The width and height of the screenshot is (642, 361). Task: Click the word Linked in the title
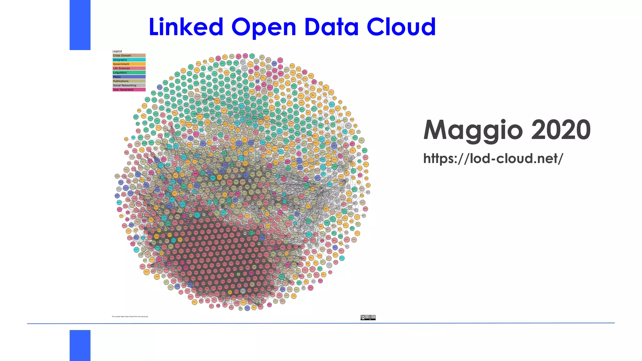pyautogui.click(x=186, y=27)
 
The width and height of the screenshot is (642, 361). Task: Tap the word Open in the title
pyautogui.click(x=264, y=28)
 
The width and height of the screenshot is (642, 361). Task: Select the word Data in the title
pyautogui.click(x=331, y=27)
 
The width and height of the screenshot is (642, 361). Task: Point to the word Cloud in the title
pyautogui.click(x=401, y=27)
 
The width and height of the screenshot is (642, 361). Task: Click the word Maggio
pyautogui.click(x=473, y=131)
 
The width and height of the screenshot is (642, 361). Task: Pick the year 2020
pyautogui.click(x=561, y=130)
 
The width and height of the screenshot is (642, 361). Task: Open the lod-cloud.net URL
pyautogui.click(x=493, y=159)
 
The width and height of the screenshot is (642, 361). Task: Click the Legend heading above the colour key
pyautogui.click(x=117, y=51)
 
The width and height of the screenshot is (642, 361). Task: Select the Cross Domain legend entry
pyautogui.click(x=129, y=55)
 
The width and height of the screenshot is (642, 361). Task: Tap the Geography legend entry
pyautogui.click(x=129, y=60)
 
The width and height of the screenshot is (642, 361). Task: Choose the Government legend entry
pyautogui.click(x=129, y=64)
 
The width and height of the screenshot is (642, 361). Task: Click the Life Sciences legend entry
pyautogui.click(x=129, y=68)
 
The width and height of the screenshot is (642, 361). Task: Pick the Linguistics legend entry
pyautogui.click(x=129, y=72)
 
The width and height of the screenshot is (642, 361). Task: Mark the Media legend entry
pyautogui.click(x=129, y=77)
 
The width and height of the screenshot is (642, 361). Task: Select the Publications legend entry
pyautogui.click(x=129, y=81)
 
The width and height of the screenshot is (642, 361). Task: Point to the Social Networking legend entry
pyautogui.click(x=129, y=85)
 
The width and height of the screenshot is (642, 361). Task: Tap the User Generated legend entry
pyautogui.click(x=129, y=90)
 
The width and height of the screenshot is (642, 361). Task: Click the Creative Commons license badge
pyautogui.click(x=368, y=317)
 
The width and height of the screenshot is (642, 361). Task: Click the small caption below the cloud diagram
pyautogui.click(x=130, y=317)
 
